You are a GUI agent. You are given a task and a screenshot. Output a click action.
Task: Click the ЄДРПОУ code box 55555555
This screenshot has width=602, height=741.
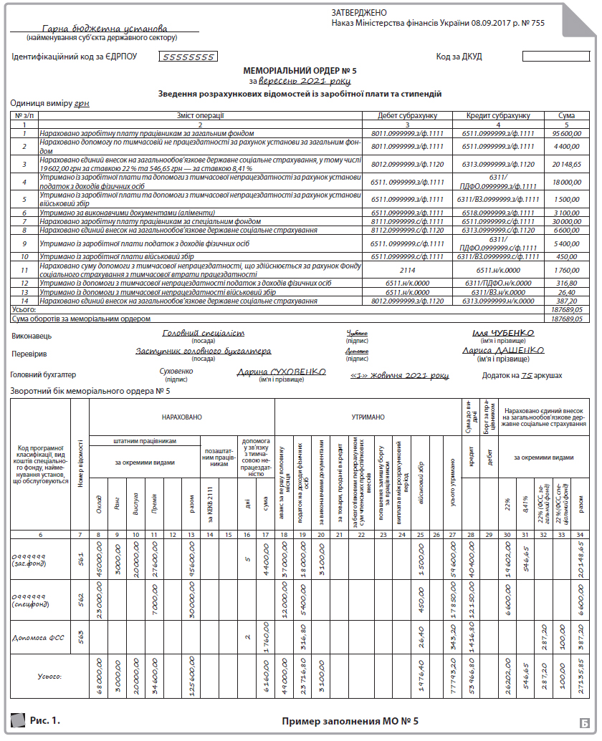187,57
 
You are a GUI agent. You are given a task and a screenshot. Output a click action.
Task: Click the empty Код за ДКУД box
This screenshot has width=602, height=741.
550,57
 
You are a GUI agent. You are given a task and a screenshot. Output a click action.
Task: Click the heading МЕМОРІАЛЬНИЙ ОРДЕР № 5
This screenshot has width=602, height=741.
300,71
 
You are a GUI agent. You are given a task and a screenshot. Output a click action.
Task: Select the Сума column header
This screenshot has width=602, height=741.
565,115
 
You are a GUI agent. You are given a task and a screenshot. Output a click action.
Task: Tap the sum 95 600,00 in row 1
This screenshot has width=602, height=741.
565,133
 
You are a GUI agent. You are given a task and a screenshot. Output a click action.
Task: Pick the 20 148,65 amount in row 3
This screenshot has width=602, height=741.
565,164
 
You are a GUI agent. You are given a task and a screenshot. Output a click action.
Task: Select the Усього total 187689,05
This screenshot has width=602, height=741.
566,309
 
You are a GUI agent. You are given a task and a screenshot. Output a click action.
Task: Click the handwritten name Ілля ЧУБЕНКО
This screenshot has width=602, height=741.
503,333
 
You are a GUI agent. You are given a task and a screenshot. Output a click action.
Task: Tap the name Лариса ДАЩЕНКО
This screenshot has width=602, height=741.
503,351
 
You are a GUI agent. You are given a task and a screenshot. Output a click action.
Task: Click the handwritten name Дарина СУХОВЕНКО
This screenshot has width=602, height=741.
282,372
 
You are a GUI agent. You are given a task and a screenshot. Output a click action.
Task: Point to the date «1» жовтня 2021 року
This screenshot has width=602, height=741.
399,375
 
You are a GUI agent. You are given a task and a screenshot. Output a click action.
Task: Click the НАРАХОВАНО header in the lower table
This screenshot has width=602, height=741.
181,415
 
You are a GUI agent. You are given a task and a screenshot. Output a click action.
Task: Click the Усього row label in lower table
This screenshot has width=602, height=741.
50,676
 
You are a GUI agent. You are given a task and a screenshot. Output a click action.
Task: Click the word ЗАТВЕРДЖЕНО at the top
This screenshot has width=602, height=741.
359,13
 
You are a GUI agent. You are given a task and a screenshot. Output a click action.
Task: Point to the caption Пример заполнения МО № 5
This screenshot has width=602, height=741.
350,721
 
